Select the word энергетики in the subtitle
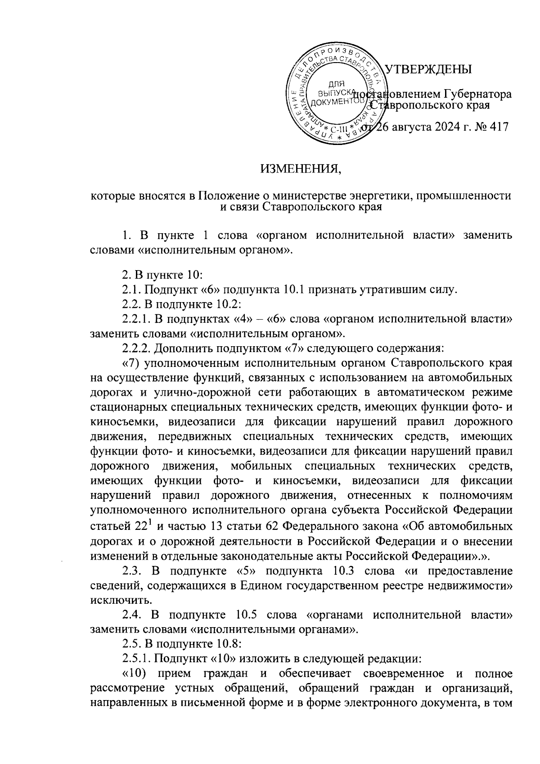[381, 196]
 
